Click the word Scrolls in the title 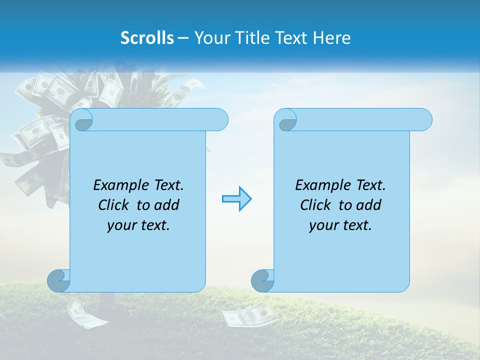[x=147, y=38]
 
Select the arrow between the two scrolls [x=236, y=199]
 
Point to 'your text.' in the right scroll [x=340, y=225]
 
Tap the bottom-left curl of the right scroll [x=262, y=280]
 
